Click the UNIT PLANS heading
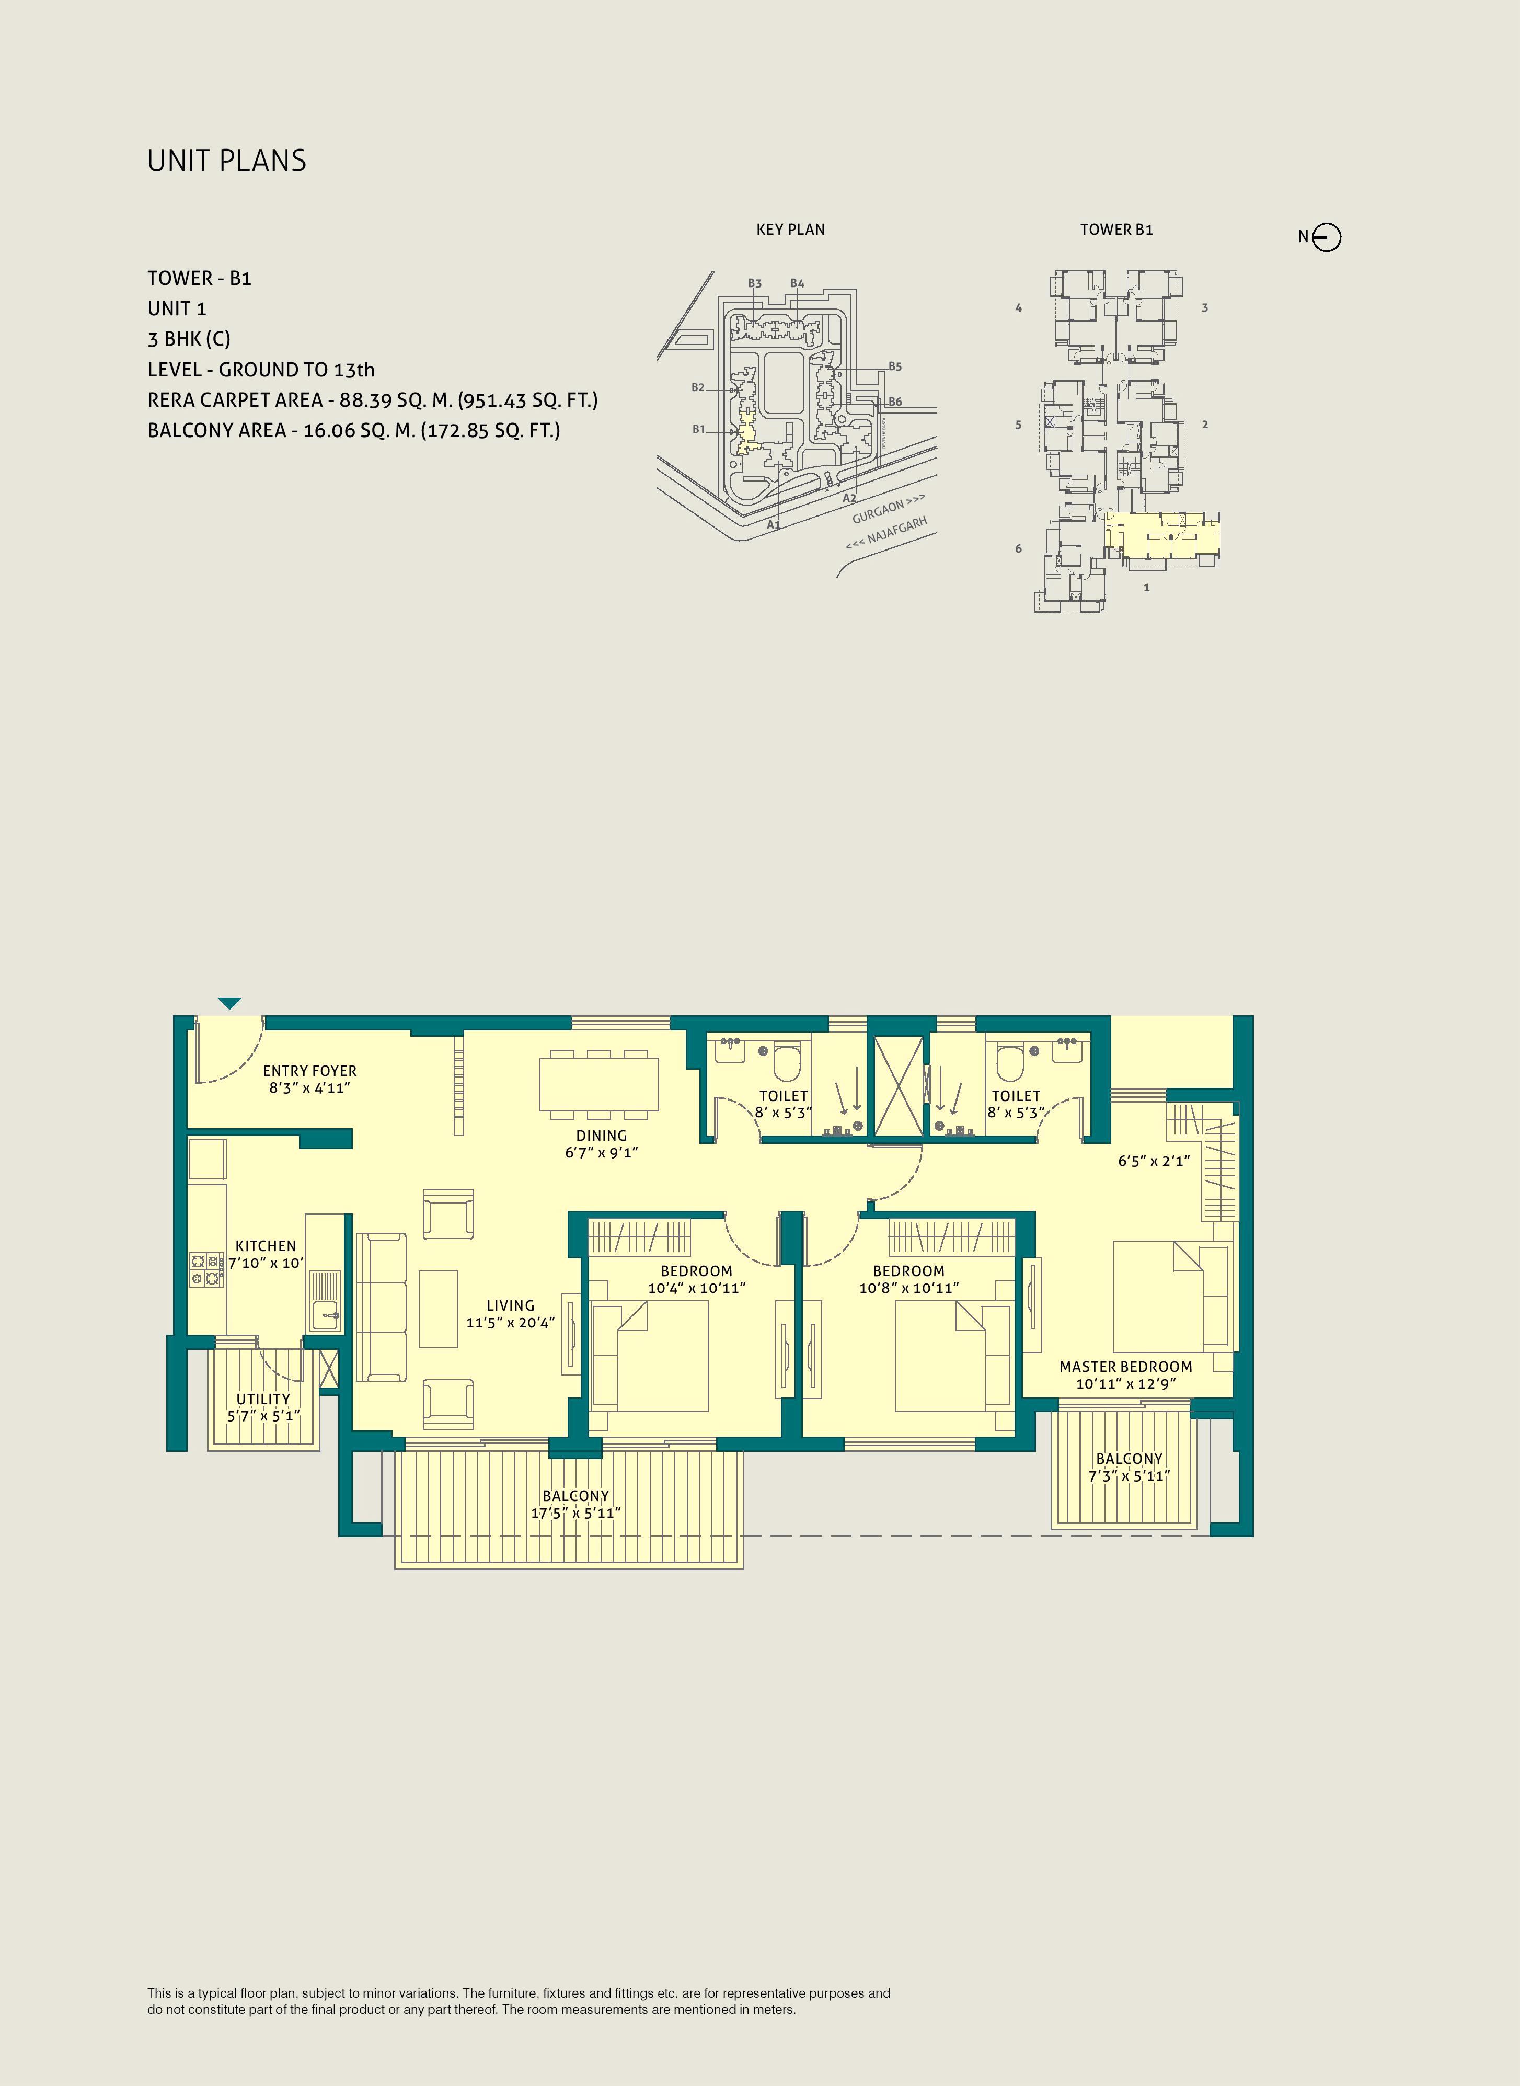pos(226,161)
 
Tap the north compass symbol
pos(1327,237)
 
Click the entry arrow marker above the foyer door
pos(229,1003)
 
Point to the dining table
pos(599,1084)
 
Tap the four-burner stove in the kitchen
pos(207,1270)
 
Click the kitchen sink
pos(324,1301)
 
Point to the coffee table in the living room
pos(439,1309)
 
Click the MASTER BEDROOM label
pos(1125,1367)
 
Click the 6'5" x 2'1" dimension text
pos(1154,1161)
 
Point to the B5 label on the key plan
pos(894,366)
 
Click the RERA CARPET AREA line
pos(373,400)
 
